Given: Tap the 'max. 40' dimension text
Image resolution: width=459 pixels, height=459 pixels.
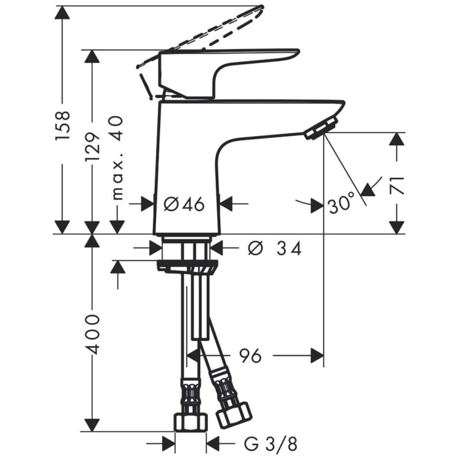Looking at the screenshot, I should (117, 157).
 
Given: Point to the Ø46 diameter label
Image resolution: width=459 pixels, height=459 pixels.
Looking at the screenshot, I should (184, 204).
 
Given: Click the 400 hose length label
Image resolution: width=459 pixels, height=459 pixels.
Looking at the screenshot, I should (92, 334).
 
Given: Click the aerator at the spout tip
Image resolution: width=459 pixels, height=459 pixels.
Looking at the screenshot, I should (321, 128).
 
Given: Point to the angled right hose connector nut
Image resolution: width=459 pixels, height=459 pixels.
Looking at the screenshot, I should (233, 414).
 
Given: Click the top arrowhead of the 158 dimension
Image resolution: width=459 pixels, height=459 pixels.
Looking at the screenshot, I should (62, 14).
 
